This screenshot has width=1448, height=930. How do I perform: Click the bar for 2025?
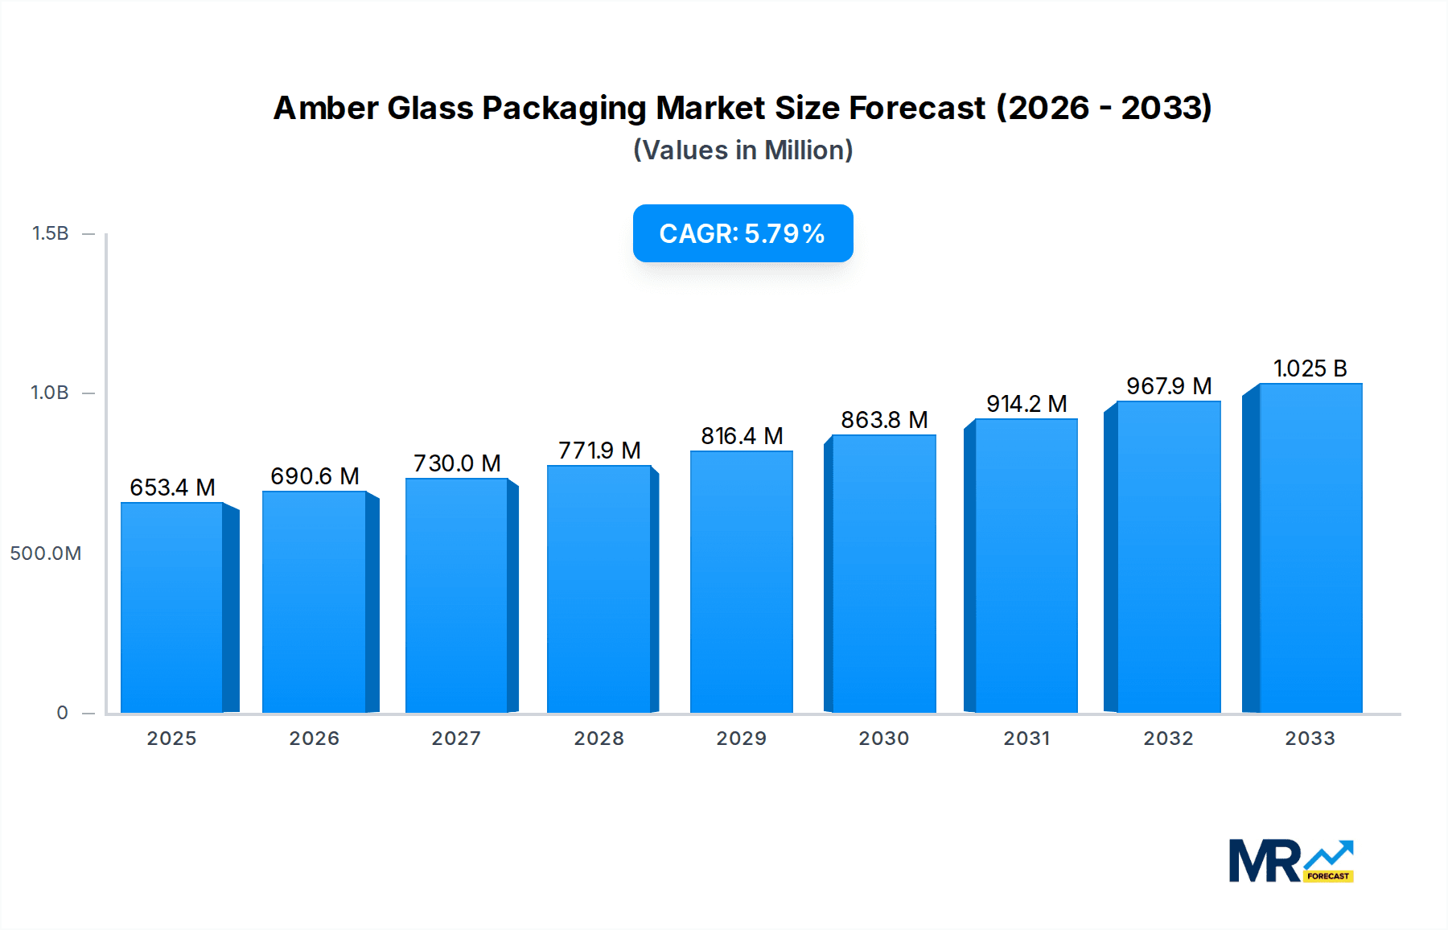tap(172, 607)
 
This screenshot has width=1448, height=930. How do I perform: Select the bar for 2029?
tap(741, 582)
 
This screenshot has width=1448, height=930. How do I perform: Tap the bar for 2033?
tap(1310, 548)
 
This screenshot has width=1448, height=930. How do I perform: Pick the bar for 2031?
tap(1026, 566)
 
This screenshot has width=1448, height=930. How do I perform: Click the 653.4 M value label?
tap(172, 488)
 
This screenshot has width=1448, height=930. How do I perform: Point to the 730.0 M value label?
tap(457, 463)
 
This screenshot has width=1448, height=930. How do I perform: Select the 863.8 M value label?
tap(884, 420)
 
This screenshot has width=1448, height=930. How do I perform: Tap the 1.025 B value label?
tap(1310, 368)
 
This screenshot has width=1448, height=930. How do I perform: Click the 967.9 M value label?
tap(1168, 386)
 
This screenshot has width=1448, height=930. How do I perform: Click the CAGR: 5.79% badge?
tap(743, 233)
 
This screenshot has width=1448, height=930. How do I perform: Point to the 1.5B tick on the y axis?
tap(50, 233)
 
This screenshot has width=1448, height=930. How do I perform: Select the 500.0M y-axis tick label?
tap(46, 553)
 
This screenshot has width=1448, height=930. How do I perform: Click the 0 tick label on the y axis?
tap(62, 713)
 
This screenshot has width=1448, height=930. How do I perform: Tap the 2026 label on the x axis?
tap(314, 739)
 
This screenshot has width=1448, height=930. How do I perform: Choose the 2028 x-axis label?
tap(599, 739)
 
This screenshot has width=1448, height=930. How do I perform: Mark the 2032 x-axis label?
tap(1168, 739)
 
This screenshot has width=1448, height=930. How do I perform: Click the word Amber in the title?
tap(325, 108)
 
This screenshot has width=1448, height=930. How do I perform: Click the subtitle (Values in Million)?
tap(743, 150)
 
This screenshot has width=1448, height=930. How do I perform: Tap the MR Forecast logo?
tap(1290, 861)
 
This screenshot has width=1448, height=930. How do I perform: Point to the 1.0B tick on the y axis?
tap(50, 393)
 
